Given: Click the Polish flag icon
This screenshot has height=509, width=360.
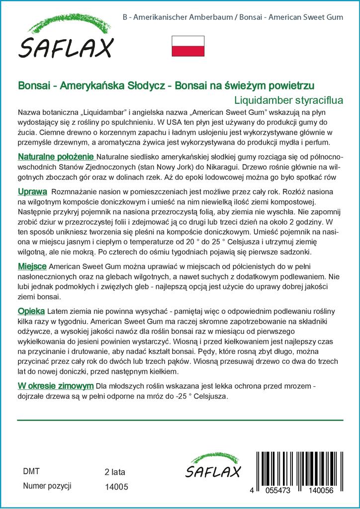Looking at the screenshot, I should coord(187,46).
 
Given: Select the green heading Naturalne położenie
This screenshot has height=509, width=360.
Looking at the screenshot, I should coord(56,157).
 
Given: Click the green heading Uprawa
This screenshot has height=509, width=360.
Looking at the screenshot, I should coord(32,191).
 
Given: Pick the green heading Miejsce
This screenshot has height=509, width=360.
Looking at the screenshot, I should coord(33,266).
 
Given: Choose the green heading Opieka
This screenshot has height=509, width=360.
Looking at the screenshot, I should coord(31,311).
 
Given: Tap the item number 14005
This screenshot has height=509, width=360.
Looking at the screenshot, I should coord(117,488).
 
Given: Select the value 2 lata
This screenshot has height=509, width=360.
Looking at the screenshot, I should coord(115,471).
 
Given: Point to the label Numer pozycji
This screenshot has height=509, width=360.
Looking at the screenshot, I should coord(48,486).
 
